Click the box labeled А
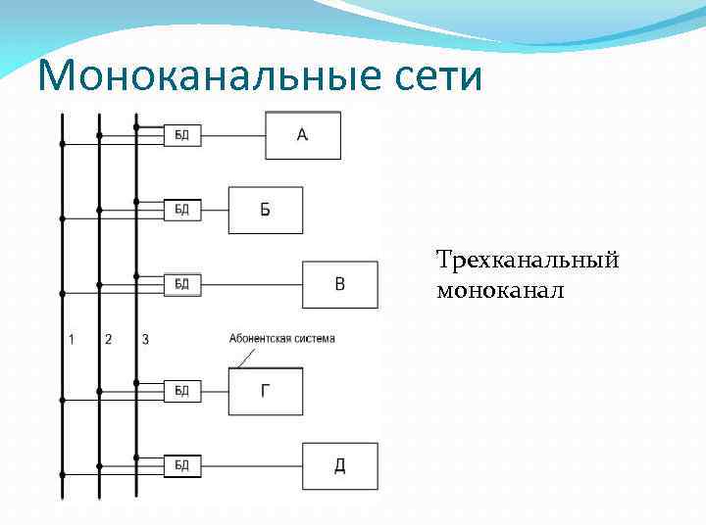(303, 135)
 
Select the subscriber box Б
(266, 210)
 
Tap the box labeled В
(339, 284)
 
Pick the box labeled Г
(266, 391)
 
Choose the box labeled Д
(339, 465)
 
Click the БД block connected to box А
(182, 135)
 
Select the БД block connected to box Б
(182, 210)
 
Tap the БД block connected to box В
(182, 284)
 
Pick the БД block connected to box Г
(182, 391)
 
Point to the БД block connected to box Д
(182, 465)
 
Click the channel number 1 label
(71, 340)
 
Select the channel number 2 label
(108, 340)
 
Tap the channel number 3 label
(145, 340)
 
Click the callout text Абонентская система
(281, 339)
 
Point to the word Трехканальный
(528, 262)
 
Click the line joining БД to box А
(232, 135)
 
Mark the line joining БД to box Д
(251, 465)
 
